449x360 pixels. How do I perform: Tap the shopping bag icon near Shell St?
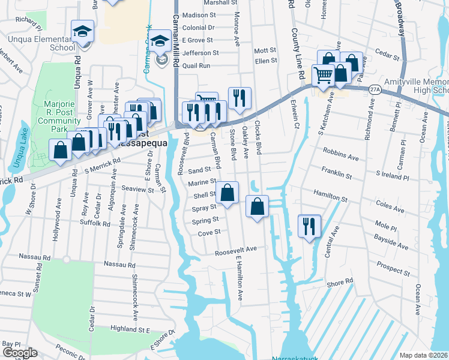click(x=228, y=193)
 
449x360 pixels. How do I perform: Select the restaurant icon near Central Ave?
click(x=310, y=226)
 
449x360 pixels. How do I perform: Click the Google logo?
click(x=20, y=353)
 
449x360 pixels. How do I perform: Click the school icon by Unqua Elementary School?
click(x=83, y=32)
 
